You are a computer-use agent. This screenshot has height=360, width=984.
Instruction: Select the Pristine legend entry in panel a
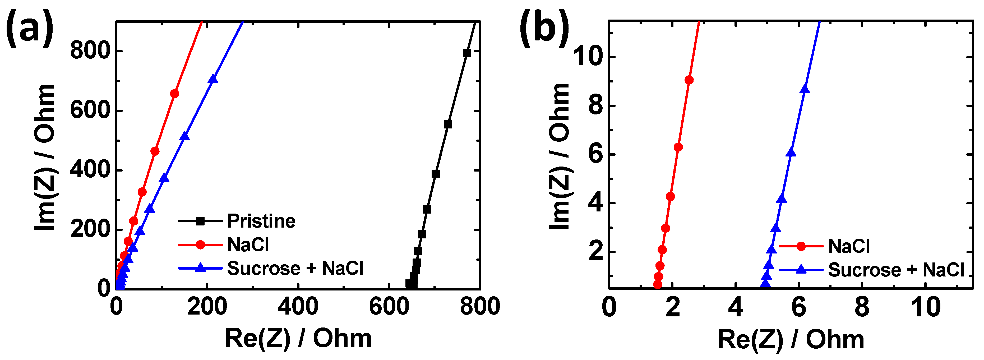click(x=261, y=221)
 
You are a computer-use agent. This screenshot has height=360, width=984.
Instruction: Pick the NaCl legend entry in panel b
click(x=849, y=246)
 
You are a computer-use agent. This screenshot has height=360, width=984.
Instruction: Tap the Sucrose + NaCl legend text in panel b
click(x=896, y=270)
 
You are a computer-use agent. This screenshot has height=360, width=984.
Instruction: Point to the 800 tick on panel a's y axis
click(x=90, y=51)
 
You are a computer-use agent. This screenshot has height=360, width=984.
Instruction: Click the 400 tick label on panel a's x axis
click(x=298, y=307)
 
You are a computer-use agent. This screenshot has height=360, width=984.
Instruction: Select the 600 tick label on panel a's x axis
click(x=389, y=307)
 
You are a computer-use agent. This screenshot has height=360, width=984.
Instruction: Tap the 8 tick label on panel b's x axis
click(x=862, y=307)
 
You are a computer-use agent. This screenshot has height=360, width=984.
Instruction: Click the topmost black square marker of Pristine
click(x=466, y=53)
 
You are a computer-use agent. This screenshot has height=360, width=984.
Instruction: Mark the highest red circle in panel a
click(x=174, y=94)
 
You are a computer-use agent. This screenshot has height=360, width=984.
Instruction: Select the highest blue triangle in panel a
click(x=213, y=79)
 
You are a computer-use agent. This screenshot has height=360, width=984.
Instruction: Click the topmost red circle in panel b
click(x=689, y=80)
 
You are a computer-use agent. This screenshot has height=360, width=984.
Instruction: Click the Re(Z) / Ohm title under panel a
click(x=298, y=339)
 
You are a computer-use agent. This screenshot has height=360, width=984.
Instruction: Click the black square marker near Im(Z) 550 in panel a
click(x=448, y=124)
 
